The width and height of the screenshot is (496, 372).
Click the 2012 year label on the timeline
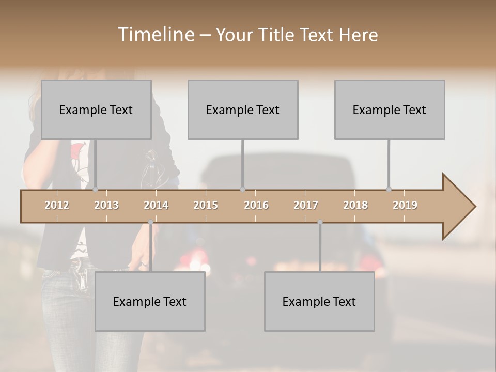point(57,205)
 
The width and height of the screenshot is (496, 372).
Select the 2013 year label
point(106,205)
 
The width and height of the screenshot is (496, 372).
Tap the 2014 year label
point(156,205)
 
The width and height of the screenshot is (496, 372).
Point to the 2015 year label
point(206,205)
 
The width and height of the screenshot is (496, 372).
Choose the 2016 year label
point(256,205)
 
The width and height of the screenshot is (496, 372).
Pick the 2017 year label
point(306,205)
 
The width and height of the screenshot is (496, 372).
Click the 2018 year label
point(355,205)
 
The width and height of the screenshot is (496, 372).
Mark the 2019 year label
point(405,205)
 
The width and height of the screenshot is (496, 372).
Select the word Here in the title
point(358,35)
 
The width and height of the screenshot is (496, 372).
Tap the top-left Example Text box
point(96,110)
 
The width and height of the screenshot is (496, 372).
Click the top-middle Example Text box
point(243,110)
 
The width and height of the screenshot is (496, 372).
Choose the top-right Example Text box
point(390,110)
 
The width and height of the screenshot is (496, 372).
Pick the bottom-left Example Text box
point(150,301)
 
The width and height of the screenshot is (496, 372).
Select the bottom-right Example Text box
point(319,301)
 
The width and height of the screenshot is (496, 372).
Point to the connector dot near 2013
point(95,190)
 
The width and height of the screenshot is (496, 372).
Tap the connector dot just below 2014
point(150,222)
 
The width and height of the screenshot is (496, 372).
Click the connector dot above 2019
point(389,190)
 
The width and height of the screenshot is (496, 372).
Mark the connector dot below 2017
point(320,222)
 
